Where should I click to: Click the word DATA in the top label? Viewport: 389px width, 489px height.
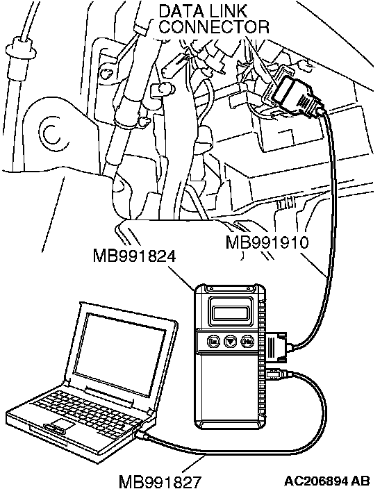point(177,11)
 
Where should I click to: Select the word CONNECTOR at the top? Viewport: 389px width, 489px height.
point(214,26)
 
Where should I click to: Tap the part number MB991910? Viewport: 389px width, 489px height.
point(267,242)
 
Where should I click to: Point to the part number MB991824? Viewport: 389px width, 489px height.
point(135,256)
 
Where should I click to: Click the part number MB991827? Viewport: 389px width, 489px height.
point(160,481)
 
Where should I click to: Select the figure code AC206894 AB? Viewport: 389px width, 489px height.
point(327,480)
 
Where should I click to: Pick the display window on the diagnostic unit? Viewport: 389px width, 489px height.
point(231,312)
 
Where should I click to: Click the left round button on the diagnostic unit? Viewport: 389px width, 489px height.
point(213,342)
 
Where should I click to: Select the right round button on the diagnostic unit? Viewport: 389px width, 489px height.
point(248,342)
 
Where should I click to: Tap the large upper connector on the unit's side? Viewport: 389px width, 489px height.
point(277,347)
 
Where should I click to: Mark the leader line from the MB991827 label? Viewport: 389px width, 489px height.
point(194,464)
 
